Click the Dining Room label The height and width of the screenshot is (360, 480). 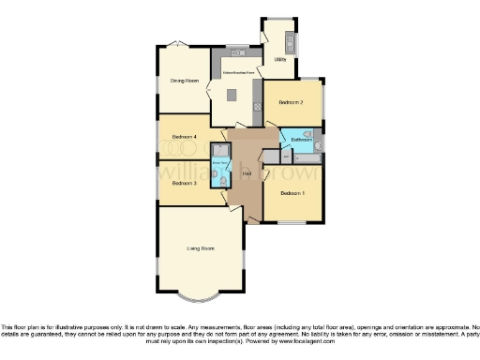pyautogui.click(x=184, y=81)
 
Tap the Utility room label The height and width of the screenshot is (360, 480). pyautogui.click(x=279, y=60)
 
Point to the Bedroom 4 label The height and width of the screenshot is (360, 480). pyautogui.click(x=184, y=138)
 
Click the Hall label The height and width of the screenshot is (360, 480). pyautogui.click(x=246, y=175)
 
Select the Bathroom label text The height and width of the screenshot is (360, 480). pyautogui.click(x=302, y=140)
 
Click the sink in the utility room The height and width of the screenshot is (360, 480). pyautogui.click(x=291, y=41)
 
